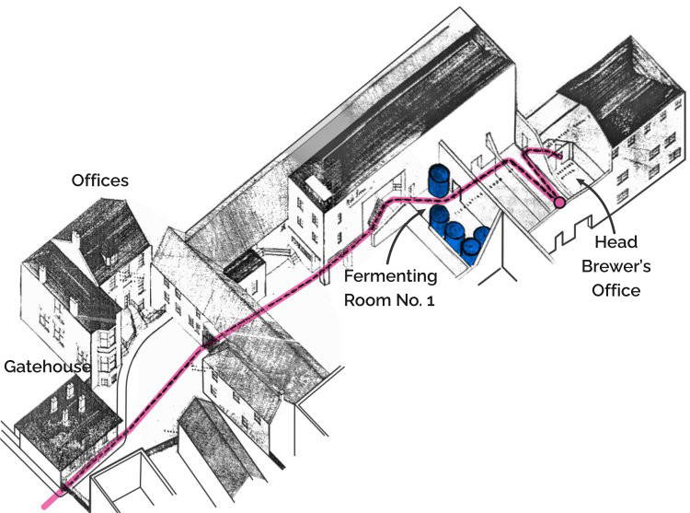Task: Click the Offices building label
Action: click(x=99, y=181)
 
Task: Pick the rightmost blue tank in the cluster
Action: click(x=480, y=239)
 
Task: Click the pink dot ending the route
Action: click(x=558, y=202)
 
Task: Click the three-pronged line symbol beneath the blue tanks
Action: click(x=507, y=273)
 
